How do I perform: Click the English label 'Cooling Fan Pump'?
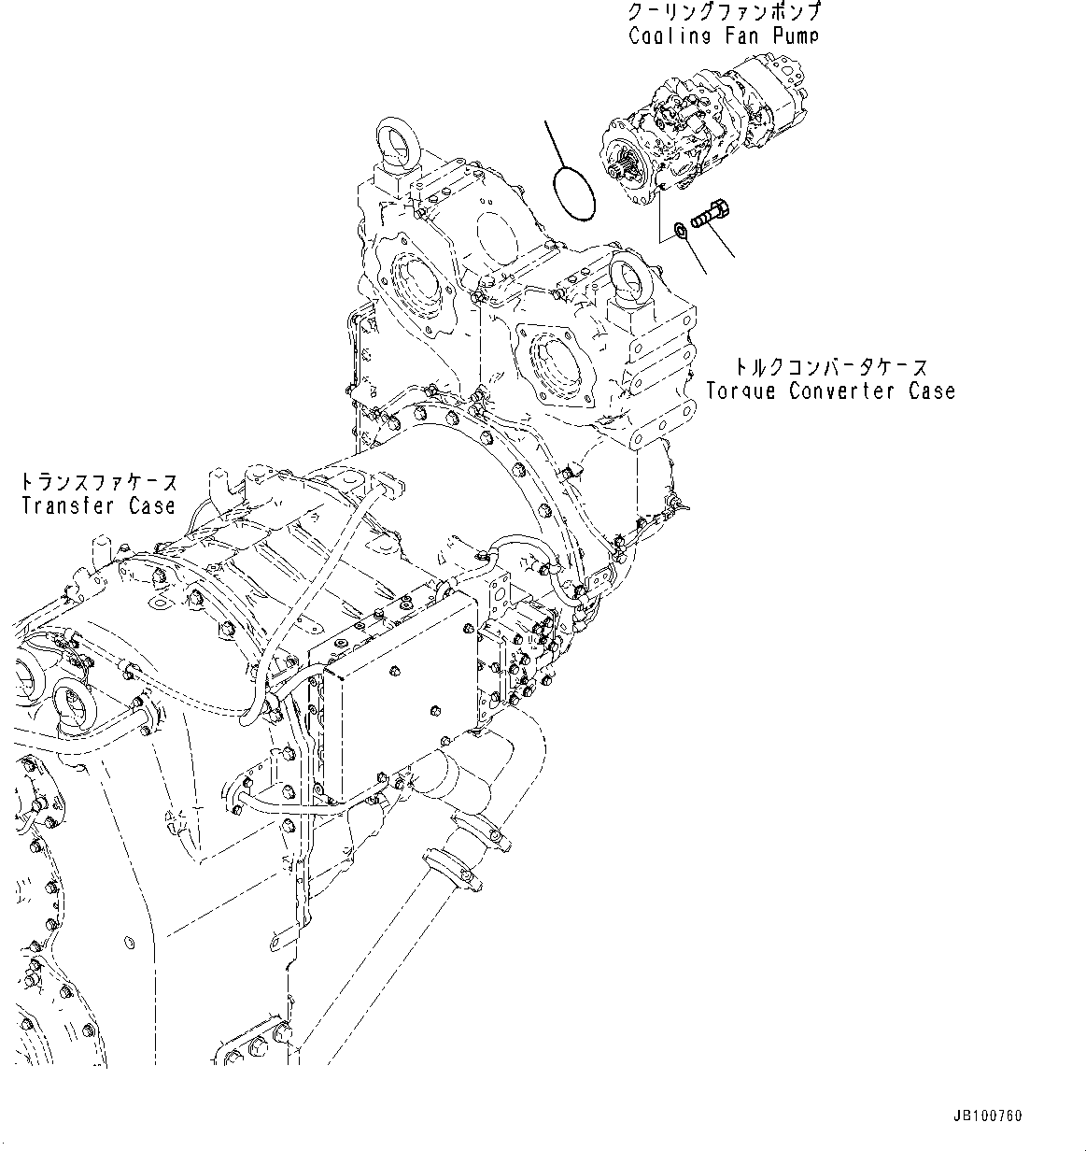coord(723,36)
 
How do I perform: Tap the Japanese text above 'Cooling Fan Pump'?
coord(726,14)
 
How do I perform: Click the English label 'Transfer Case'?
coord(98,505)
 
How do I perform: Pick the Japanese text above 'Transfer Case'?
coord(98,482)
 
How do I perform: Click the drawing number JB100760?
coord(988,1115)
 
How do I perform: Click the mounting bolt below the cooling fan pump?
coord(712,213)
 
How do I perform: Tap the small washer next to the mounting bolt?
coord(681,229)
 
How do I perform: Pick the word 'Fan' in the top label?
coord(730,36)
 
